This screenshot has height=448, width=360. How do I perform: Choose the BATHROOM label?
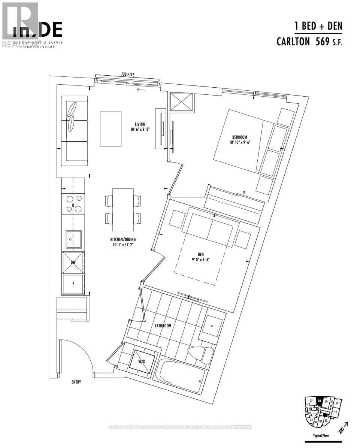click(x=163, y=326)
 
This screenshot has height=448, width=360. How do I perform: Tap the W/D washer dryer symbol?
click(x=142, y=361)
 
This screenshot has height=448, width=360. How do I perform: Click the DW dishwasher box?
click(x=73, y=263)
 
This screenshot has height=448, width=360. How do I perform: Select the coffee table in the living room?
click(x=111, y=129)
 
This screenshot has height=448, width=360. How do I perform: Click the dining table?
click(x=123, y=210)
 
